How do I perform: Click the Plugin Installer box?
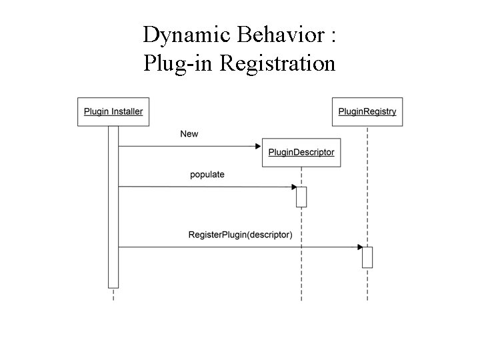pos(113,111)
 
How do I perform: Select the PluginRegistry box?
pos(367,111)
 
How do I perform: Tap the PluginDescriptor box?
pos(301,153)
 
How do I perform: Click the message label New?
pos(189,134)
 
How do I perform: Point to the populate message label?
pos(207,175)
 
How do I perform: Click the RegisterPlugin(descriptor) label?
pos(240,235)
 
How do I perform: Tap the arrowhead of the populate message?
pos(293,187)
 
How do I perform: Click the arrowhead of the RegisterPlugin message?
pos(359,247)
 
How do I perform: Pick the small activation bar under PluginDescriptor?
pos(301,197)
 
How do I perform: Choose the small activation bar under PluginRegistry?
pos(367,257)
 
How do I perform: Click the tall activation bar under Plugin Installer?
pos(113,207)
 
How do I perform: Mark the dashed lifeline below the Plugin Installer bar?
pos(113,295)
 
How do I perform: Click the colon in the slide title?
pos(331,36)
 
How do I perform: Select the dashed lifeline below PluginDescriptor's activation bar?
pos(301,253)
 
